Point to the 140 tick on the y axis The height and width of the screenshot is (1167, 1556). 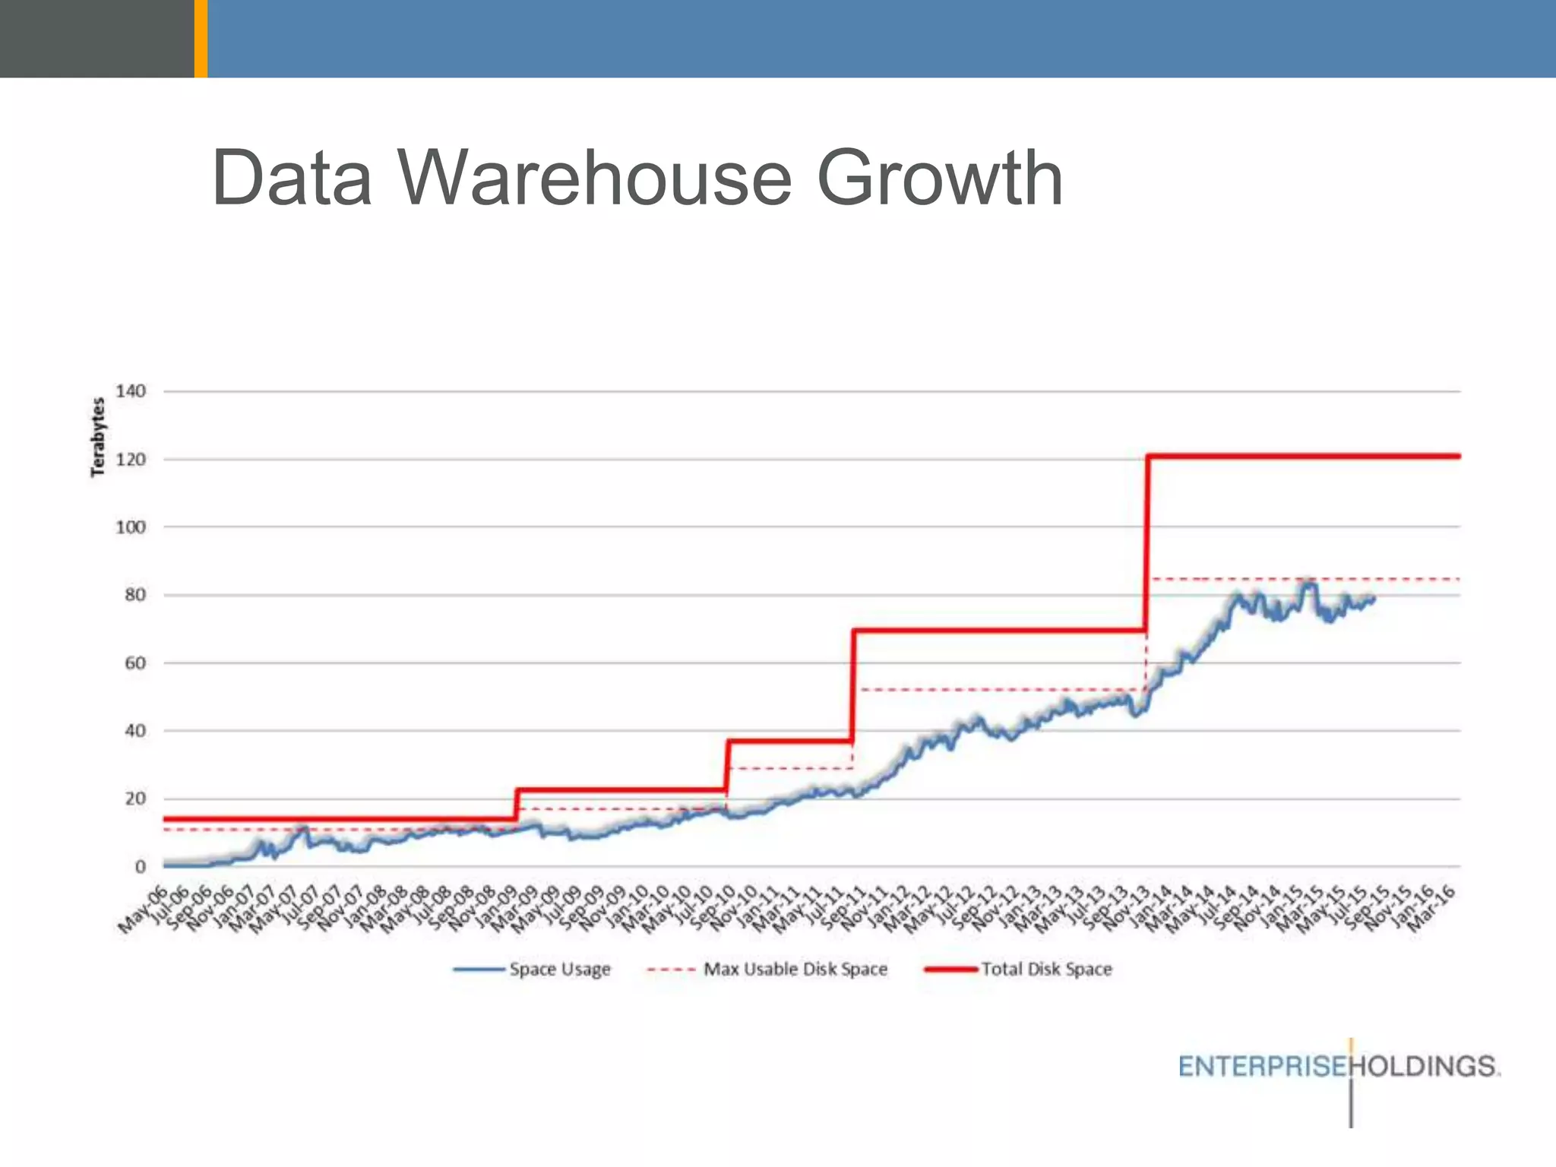click(x=130, y=391)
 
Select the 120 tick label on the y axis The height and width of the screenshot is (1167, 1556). click(x=130, y=460)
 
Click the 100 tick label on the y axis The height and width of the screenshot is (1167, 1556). click(x=130, y=527)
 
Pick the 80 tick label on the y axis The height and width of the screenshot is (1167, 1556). click(x=134, y=595)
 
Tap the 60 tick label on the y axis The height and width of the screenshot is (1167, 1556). click(x=134, y=663)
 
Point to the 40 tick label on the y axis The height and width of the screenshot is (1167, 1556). click(x=134, y=731)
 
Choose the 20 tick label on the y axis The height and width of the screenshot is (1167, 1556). click(x=134, y=799)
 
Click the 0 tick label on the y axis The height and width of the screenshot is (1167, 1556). click(x=140, y=867)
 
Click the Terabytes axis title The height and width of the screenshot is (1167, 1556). click(x=97, y=437)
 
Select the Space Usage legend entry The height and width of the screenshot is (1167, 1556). click(x=559, y=969)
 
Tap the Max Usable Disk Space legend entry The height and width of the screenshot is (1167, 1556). click(x=795, y=969)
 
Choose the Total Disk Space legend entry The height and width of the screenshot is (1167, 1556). click(x=1045, y=969)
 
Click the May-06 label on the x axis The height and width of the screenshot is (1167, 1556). click(x=142, y=910)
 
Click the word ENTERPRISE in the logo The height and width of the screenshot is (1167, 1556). click(x=1263, y=1067)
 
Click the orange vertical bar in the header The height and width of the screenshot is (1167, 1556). click(x=201, y=38)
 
